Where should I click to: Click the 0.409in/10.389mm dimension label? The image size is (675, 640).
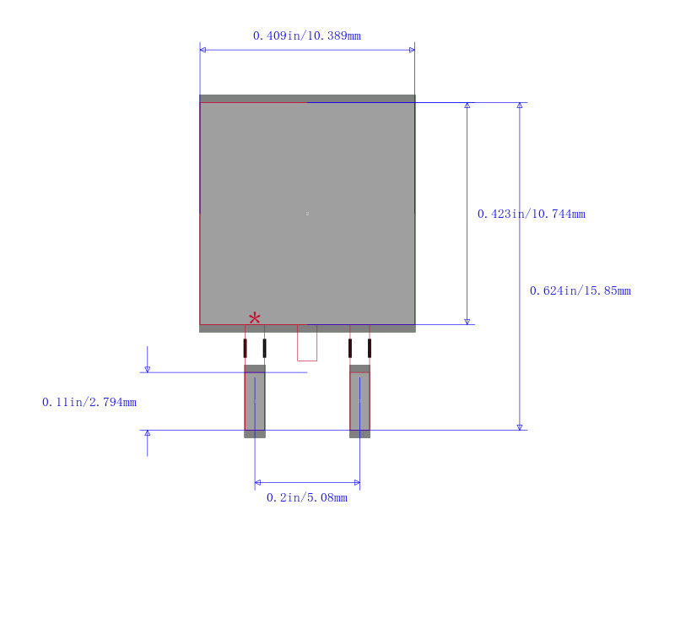(x=307, y=35)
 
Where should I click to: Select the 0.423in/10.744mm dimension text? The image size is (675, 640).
(x=532, y=214)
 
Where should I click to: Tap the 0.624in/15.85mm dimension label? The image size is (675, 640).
(x=580, y=290)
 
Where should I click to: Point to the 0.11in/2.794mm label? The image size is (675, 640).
(x=89, y=402)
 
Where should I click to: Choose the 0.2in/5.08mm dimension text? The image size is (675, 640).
(x=307, y=498)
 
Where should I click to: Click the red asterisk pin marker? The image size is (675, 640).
(x=255, y=318)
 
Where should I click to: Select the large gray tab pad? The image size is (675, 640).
(x=307, y=214)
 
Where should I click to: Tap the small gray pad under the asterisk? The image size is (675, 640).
(x=255, y=401)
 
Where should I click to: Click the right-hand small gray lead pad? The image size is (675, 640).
(x=360, y=401)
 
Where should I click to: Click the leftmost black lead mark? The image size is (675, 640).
(x=246, y=349)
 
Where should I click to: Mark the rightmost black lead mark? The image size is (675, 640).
(x=370, y=349)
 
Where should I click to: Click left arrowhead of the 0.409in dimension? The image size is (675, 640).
(x=202, y=50)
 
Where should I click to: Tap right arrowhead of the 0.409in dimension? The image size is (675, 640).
(x=412, y=50)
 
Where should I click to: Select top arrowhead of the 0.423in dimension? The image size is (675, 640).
(x=467, y=106)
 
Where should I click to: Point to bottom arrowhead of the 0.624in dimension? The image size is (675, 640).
(x=520, y=427)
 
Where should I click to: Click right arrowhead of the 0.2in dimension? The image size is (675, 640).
(x=357, y=482)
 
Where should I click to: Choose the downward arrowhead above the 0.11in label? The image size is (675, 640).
(x=147, y=370)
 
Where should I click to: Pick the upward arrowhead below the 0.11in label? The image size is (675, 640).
(x=147, y=433)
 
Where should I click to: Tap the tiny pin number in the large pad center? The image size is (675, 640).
(x=307, y=214)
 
